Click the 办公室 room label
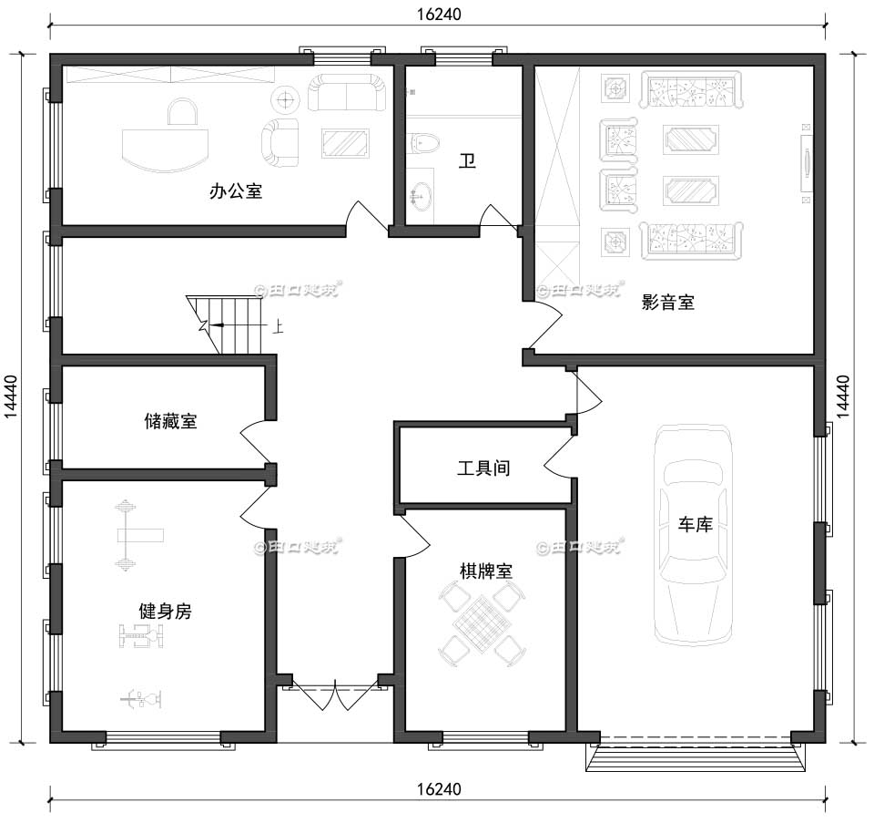[236, 191]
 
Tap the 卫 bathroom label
[467, 162]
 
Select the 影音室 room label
[667, 303]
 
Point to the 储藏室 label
[170, 421]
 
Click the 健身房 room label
[164, 612]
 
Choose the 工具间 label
[483, 468]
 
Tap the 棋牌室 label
[485, 571]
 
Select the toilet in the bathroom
[423, 142]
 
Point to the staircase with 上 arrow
[232, 324]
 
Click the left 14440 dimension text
[11, 397]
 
